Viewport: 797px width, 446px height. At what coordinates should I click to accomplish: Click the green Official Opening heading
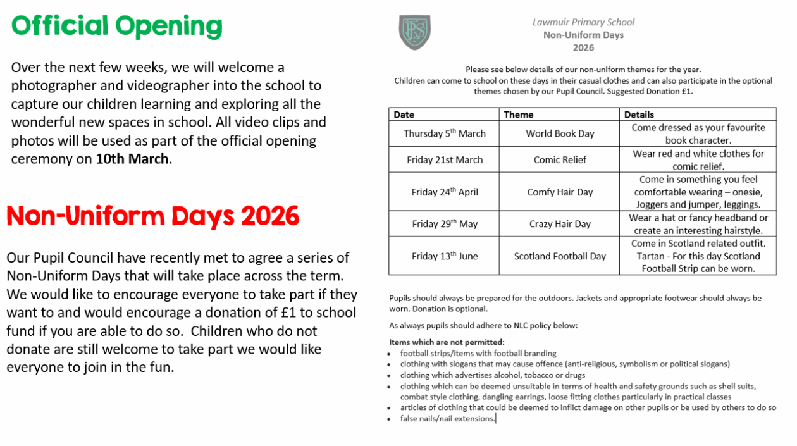pyautogui.click(x=117, y=27)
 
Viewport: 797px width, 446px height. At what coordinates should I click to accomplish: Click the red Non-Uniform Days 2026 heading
pyautogui.click(x=152, y=216)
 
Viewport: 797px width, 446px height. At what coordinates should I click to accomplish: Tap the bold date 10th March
pyautogui.click(x=133, y=159)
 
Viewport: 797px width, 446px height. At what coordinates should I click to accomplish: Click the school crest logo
pyautogui.click(x=415, y=32)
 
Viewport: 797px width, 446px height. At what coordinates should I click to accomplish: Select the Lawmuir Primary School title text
pyautogui.click(x=583, y=22)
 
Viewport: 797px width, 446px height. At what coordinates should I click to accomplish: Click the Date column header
pyautogui.click(x=404, y=115)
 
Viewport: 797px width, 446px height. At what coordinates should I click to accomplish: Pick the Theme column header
pyautogui.click(x=519, y=115)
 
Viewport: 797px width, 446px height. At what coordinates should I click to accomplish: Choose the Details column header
pyautogui.click(x=639, y=115)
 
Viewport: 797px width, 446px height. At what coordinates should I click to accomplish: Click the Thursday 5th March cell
pyautogui.click(x=445, y=133)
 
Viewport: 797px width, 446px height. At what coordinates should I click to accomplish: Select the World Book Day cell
pyautogui.click(x=560, y=133)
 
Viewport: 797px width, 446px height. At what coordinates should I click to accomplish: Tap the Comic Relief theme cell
pyautogui.click(x=560, y=159)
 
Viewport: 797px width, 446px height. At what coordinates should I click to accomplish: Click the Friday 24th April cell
pyautogui.click(x=445, y=192)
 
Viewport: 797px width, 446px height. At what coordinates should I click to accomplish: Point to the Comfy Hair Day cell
pyautogui.click(x=560, y=192)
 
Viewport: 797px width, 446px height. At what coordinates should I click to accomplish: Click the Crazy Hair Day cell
pyautogui.click(x=560, y=223)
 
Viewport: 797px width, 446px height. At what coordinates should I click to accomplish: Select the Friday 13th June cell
pyautogui.click(x=445, y=256)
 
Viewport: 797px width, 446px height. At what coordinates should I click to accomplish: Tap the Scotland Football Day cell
pyautogui.click(x=560, y=256)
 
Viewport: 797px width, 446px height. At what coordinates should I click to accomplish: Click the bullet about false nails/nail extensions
pyautogui.click(x=448, y=419)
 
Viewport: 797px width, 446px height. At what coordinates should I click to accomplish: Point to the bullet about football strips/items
pyautogui.click(x=478, y=353)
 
